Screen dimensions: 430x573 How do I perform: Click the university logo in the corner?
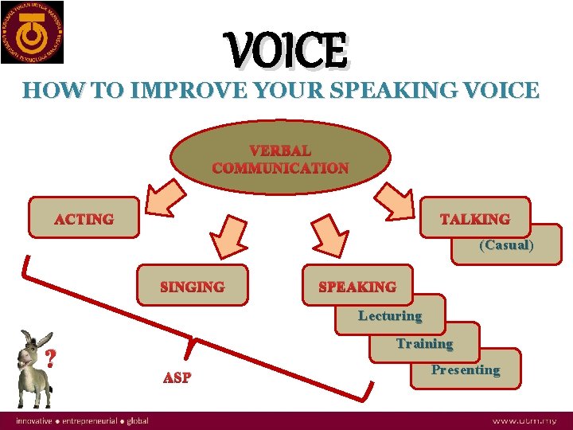click(33, 33)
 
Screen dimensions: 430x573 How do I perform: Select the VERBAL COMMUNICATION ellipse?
click(280, 158)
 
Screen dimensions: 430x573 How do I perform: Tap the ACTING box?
click(84, 219)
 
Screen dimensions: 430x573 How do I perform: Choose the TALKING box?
click(474, 218)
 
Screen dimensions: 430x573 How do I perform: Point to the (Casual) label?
click(506, 245)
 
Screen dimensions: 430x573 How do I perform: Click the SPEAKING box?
click(357, 286)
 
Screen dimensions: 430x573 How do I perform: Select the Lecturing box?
click(390, 315)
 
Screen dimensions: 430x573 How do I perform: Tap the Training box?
click(424, 344)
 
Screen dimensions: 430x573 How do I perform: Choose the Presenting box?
click(466, 369)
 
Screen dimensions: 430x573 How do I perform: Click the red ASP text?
click(177, 377)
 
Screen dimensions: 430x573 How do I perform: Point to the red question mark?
click(52, 359)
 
